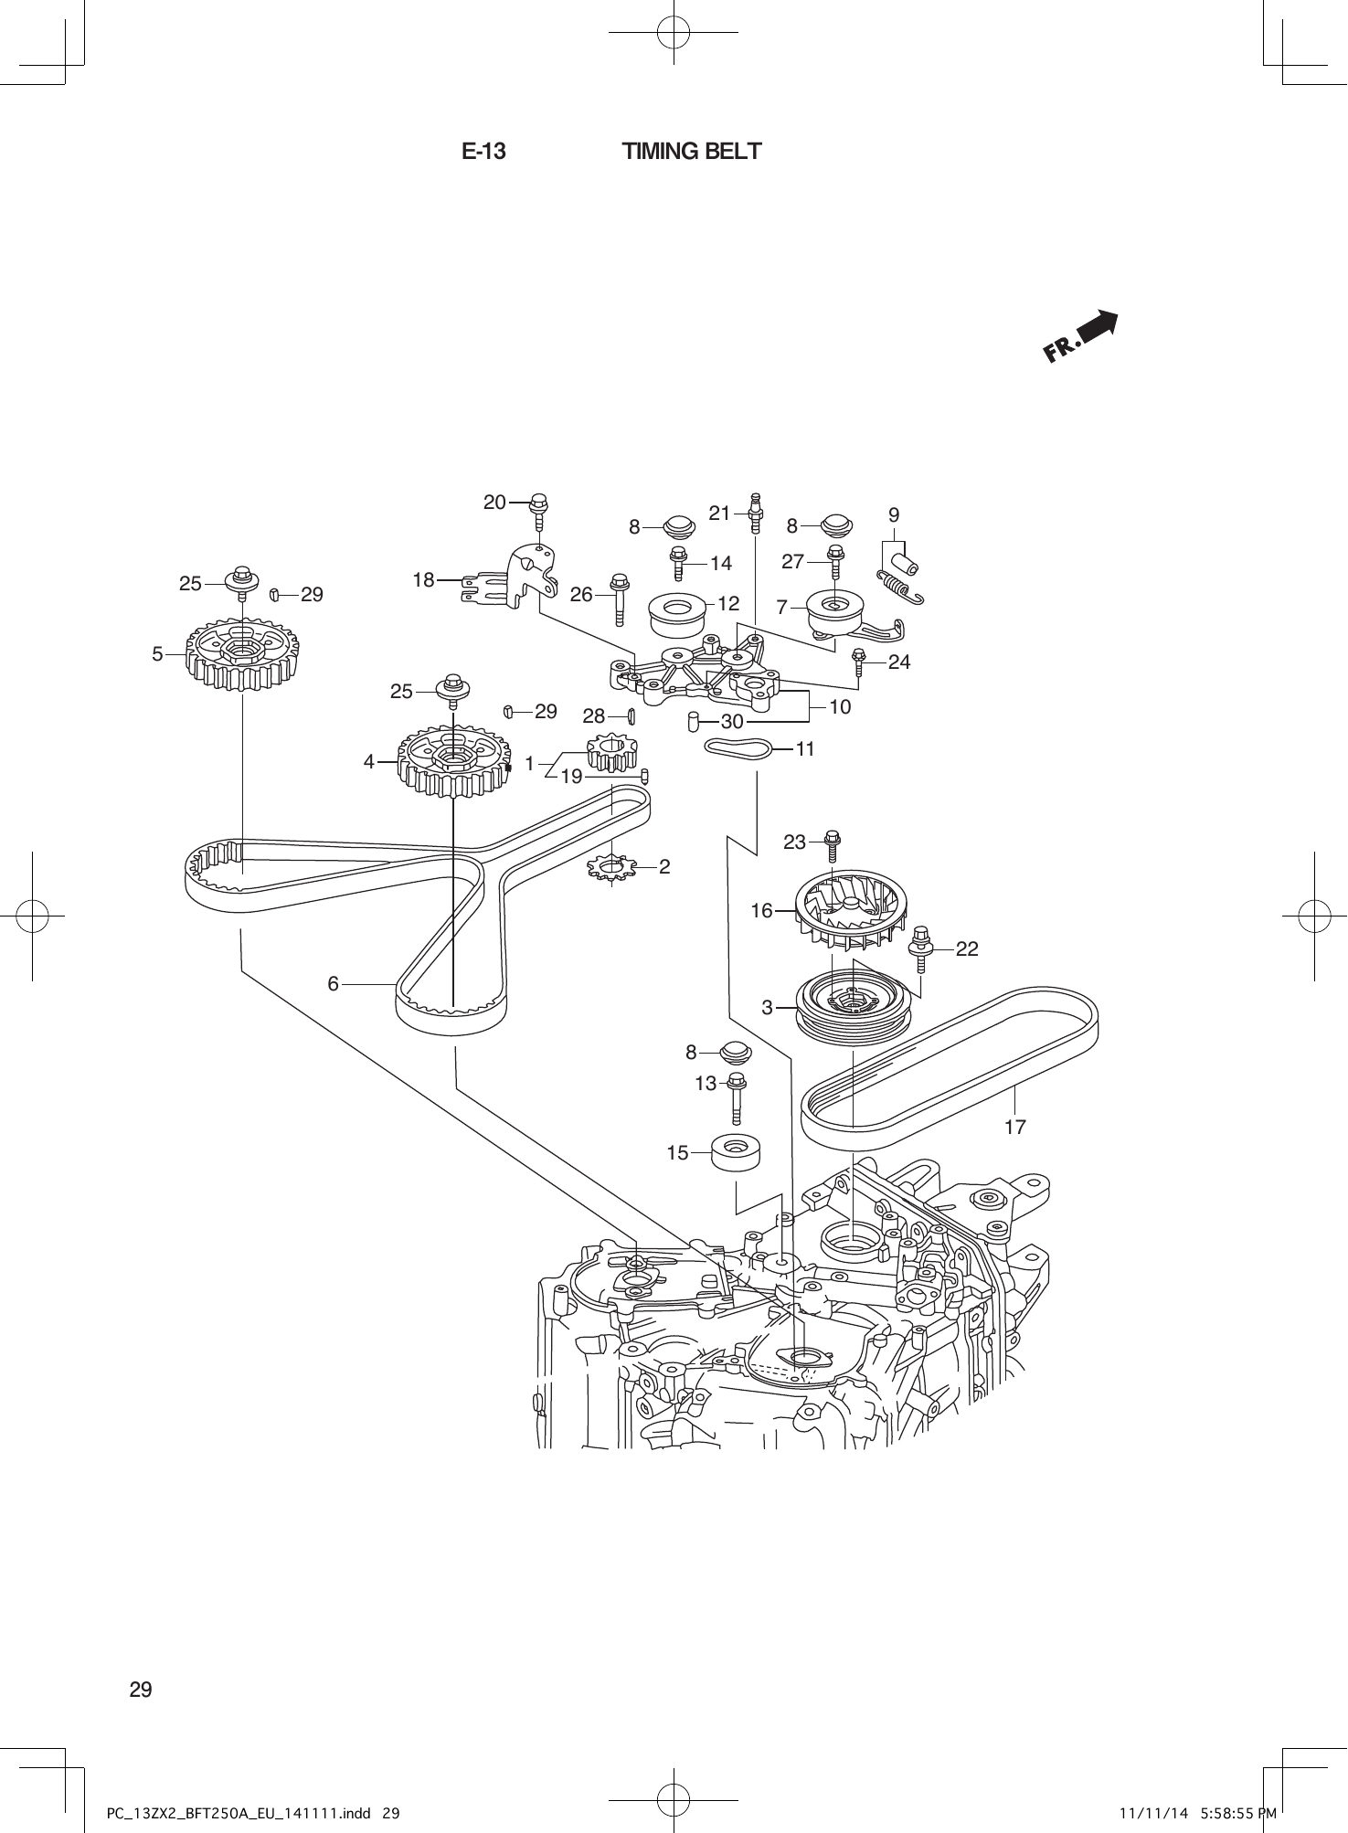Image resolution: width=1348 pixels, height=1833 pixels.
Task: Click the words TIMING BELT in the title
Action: (691, 152)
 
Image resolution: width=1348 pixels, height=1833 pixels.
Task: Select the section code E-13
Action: (483, 152)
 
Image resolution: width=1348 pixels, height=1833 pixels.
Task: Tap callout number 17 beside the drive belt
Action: (1014, 1127)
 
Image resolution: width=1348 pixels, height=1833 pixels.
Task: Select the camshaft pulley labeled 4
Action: (453, 762)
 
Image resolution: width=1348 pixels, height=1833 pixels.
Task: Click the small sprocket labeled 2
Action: (610, 866)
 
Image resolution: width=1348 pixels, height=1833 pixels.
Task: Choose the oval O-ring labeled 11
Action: (738, 748)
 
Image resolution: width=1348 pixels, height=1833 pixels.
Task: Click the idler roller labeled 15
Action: (737, 1153)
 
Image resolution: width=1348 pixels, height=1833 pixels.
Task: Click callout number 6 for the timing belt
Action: (333, 983)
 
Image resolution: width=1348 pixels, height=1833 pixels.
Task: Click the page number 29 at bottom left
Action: (141, 1689)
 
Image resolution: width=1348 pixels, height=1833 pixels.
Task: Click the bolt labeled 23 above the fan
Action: (833, 846)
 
